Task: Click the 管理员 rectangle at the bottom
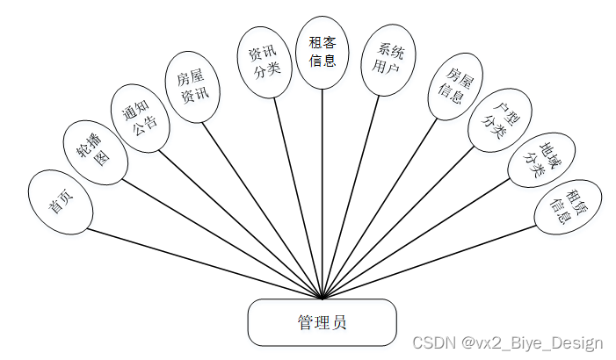point(322,322)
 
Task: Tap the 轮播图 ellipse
point(96,152)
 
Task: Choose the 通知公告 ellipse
point(140,114)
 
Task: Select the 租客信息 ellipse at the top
point(322,50)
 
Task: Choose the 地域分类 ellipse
point(536,160)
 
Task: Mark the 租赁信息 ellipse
point(568,206)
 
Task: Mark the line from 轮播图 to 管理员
point(220,237)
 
